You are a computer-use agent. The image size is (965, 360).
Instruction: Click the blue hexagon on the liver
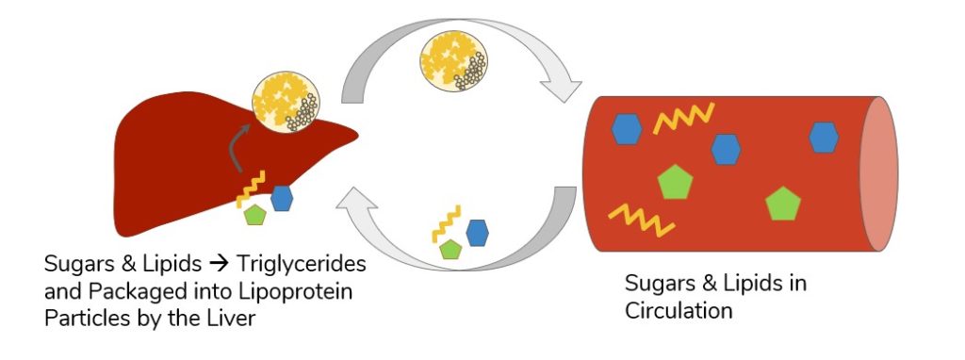pyautogui.click(x=282, y=198)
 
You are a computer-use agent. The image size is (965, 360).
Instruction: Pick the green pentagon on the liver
pyautogui.click(x=254, y=216)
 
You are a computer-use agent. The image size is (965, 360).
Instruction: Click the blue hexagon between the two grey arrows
pyautogui.click(x=477, y=232)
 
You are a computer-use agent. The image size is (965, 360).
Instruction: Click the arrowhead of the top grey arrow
pyautogui.click(x=564, y=88)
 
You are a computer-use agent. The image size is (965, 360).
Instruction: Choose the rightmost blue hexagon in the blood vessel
pyautogui.click(x=824, y=138)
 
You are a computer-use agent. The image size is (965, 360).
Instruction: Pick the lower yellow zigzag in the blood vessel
pyautogui.click(x=641, y=220)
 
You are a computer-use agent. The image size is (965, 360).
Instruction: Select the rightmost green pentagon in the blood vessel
pyautogui.click(x=784, y=204)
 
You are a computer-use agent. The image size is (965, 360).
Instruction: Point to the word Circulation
pyautogui.click(x=677, y=310)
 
